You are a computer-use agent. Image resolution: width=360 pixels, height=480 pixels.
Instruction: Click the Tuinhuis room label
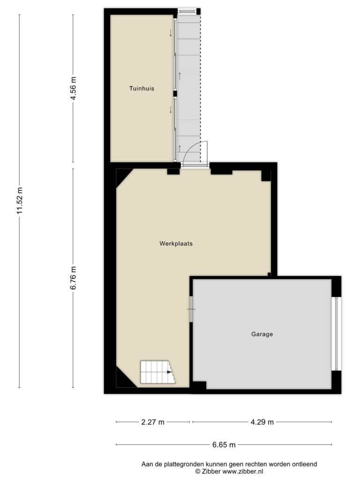(142, 89)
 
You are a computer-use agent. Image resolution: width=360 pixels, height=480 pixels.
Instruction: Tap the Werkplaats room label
(176, 244)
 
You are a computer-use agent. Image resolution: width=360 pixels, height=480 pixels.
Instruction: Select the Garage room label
(262, 334)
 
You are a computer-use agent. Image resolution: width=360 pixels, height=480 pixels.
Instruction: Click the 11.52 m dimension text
(20, 201)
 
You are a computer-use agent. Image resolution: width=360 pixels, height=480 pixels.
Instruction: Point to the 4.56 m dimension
(73, 88)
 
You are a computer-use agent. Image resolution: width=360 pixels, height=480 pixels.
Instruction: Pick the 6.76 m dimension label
(73, 278)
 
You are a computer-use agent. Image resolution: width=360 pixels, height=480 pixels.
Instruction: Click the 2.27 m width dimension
(153, 422)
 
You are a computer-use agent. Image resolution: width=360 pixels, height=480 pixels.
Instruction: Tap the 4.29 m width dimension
(262, 422)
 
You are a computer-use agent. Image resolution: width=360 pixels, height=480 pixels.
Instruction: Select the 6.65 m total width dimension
(224, 444)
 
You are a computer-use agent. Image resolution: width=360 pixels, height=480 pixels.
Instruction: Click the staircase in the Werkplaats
(157, 372)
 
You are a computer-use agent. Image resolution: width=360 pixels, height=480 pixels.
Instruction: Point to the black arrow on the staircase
(169, 372)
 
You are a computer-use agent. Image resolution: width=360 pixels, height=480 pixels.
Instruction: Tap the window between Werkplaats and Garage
(191, 309)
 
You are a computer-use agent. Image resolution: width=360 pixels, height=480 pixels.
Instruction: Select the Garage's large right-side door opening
(336, 334)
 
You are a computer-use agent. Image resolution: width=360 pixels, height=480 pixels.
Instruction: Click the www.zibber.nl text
(242, 472)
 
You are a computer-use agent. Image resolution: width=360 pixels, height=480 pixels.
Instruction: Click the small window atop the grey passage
(187, 12)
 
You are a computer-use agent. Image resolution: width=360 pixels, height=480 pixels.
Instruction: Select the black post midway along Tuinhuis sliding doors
(175, 94)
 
